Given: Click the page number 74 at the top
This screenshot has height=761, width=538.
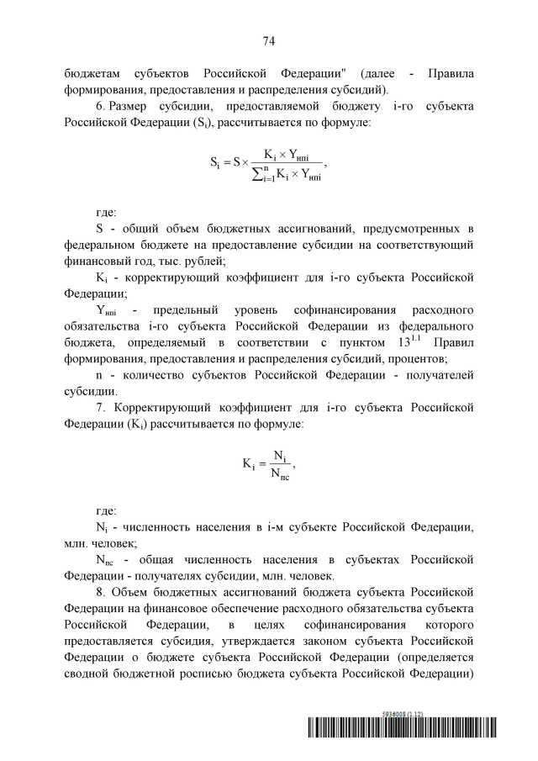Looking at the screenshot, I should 269,40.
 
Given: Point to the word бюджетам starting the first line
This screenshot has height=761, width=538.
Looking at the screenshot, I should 92,72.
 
